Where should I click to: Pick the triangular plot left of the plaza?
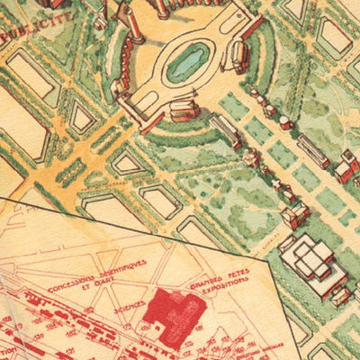[x=83, y=117]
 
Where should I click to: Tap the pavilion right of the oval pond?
[x=240, y=57]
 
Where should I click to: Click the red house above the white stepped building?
[x=294, y=214]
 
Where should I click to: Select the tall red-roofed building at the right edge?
[x=346, y=165]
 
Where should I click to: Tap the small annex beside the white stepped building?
[x=339, y=295]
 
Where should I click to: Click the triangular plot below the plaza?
[x=128, y=162]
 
